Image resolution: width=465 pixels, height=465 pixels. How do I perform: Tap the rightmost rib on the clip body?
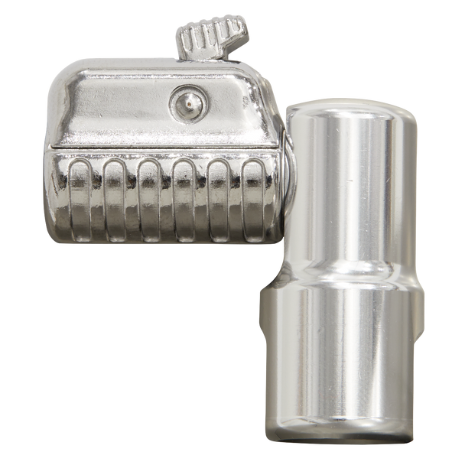[252, 195]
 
